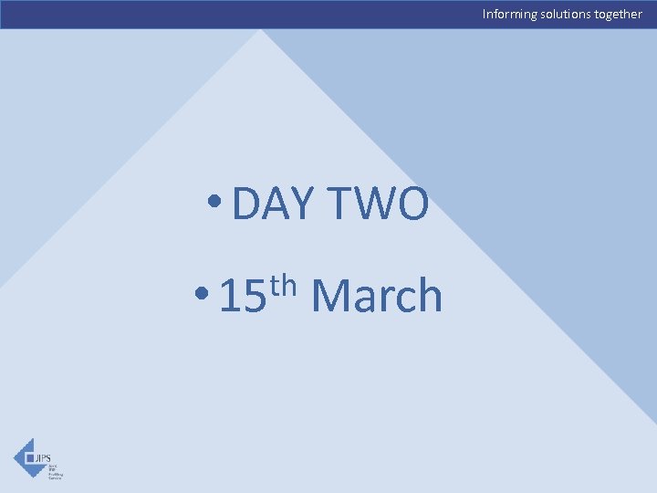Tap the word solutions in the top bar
click(x=568, y=14)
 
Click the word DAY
click(x=273, y=203)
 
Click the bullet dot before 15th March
click(x=203, y=295)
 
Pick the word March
click(x=376, y=296)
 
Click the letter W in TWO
click(x=376, y=203)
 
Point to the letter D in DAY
click(x=247, y=203)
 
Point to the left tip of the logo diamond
click(x=14, y=457)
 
